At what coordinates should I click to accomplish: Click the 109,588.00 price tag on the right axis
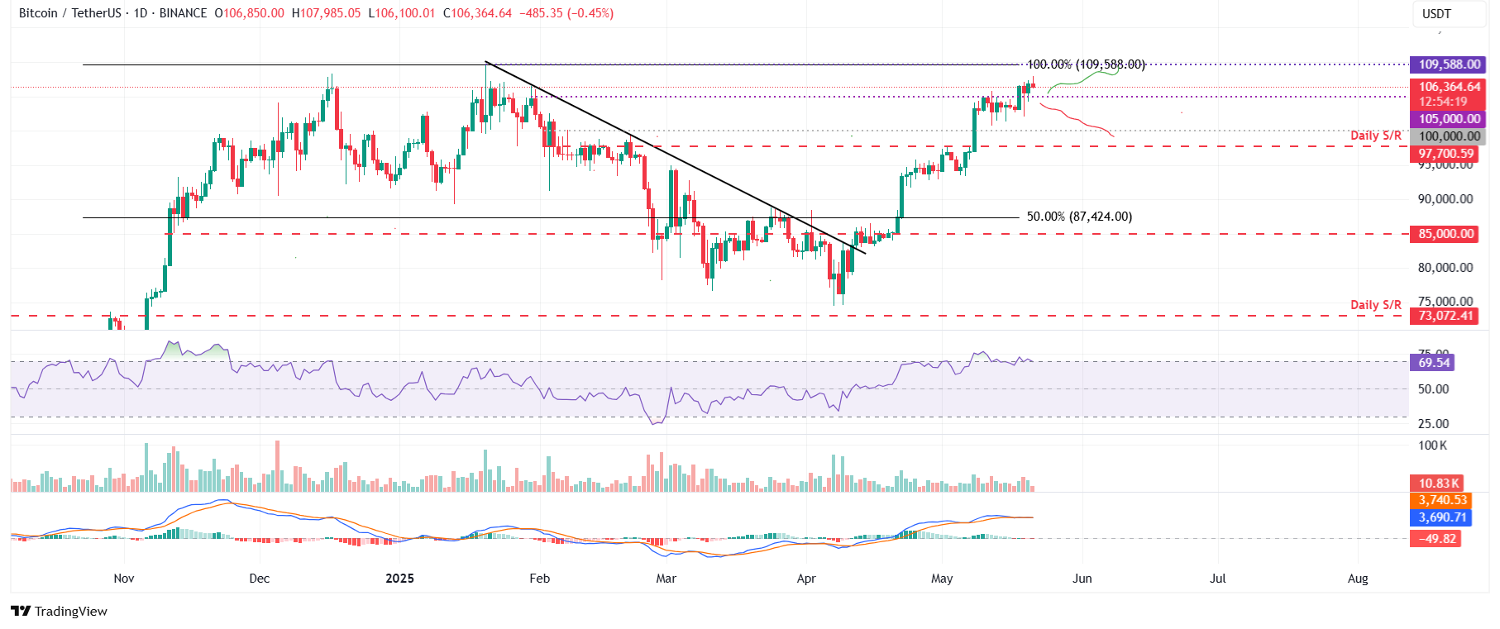[x=1450, y=64]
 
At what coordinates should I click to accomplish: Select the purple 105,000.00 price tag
[x=1450, y=119]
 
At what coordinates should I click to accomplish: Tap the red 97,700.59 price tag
[x=1446, y=154]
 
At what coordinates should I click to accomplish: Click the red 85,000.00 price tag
[x=1446, y=234]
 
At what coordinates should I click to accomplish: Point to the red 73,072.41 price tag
[x=1446, y=316]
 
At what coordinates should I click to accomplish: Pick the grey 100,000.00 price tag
[x=1450, y=136]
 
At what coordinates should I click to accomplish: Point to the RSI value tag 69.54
[x=1434, y=363]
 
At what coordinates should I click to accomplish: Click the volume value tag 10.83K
[x=1439, y=484]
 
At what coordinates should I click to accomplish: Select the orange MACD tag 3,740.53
[x=1442, y=500]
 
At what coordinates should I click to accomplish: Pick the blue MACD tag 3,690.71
[x=1442, y=517]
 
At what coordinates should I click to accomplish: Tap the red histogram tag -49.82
[x=1438, y=539]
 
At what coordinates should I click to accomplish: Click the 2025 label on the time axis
[x=399, y=579]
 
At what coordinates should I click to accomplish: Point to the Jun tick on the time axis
[x=1082, y=579]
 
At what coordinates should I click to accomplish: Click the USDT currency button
[x=1436, y=14]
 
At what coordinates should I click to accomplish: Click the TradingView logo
[x=60, y=612]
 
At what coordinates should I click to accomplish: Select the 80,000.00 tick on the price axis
[x=1445, y=268]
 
